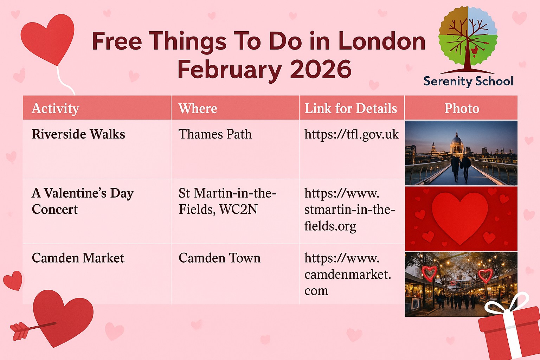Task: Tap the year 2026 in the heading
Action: coord(321,69)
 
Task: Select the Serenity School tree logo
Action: coord(468,40)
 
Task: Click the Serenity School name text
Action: coord(468,81)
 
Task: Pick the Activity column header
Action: coord(56,108)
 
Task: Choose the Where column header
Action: coord(198,108)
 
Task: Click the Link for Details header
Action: coord(351,108)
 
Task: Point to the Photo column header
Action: coord(462,108)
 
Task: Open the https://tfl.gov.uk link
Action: coord(352,134)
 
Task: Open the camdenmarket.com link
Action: coord(348,274)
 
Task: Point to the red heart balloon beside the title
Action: coord(48,39)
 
